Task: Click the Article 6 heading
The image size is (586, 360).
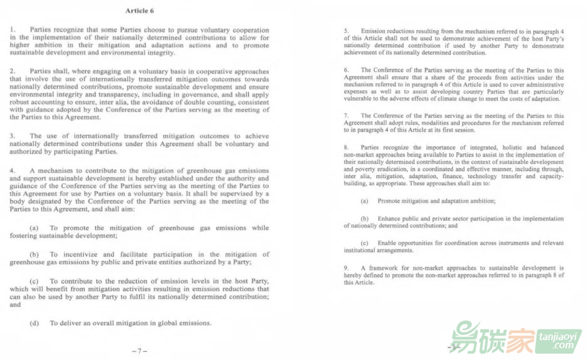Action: (139, 11)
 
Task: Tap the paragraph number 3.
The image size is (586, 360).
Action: (12, 135)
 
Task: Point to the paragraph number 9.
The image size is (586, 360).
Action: (345, 268)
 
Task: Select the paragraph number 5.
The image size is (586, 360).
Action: (345, 31)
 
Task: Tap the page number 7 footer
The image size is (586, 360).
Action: (139, 351)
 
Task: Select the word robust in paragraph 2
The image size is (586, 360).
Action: (23, 102)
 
